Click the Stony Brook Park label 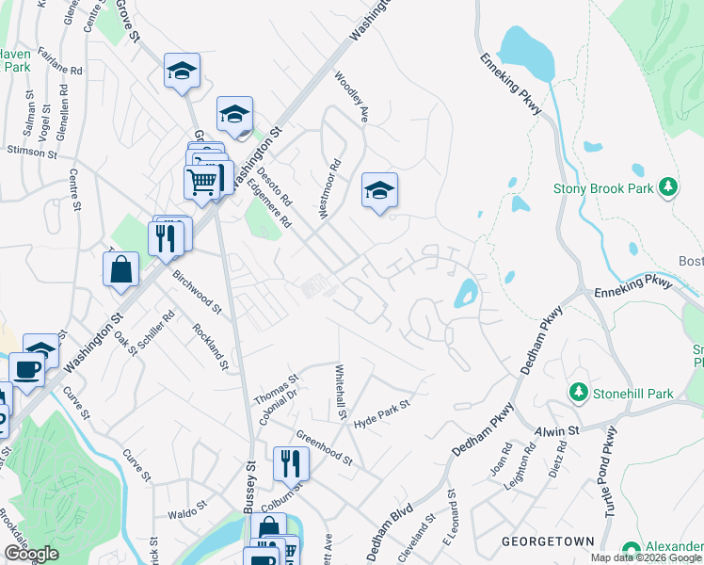[x=603, y=187]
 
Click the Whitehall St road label [x=341, y=395]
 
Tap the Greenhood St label [x=324, y=448]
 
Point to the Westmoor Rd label [x=328, y=189]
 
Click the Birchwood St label [x=197, y=292]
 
